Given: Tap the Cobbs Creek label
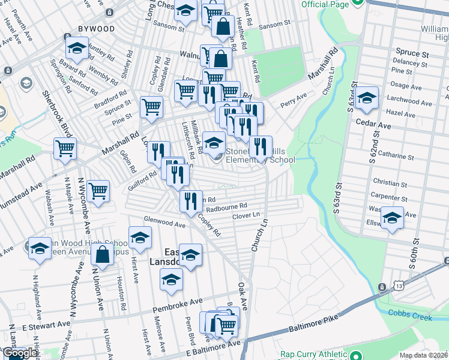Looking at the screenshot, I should click(409, 313).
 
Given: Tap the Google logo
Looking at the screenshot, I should click(21, 353).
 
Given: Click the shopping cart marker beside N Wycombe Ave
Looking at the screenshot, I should click(98, 191).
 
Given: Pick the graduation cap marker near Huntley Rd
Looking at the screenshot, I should click(77, 47).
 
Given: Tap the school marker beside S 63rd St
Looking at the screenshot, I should click(366, 97).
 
